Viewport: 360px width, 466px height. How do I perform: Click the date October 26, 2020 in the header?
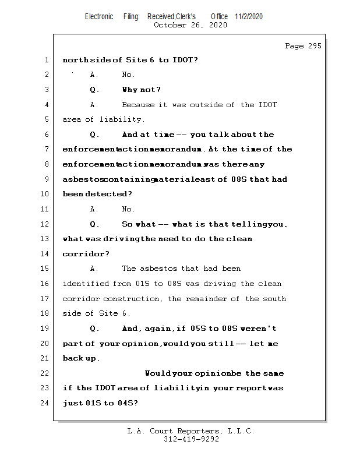(190, 25)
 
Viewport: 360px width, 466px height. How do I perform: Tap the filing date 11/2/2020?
(249, 16)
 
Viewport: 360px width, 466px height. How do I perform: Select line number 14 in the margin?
(46, 254)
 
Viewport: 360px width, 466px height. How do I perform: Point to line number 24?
(46, 403)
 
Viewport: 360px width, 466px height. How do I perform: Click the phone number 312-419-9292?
(191, 440)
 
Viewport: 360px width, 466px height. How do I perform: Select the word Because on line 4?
(138, 105)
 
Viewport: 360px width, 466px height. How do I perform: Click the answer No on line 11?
(128, 209)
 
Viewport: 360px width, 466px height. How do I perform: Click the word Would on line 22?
(156, 373)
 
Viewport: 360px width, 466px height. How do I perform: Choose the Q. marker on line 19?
(94, 329)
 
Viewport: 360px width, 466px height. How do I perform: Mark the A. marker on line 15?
(94, 269)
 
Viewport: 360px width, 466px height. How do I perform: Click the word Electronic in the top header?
(99, 16)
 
